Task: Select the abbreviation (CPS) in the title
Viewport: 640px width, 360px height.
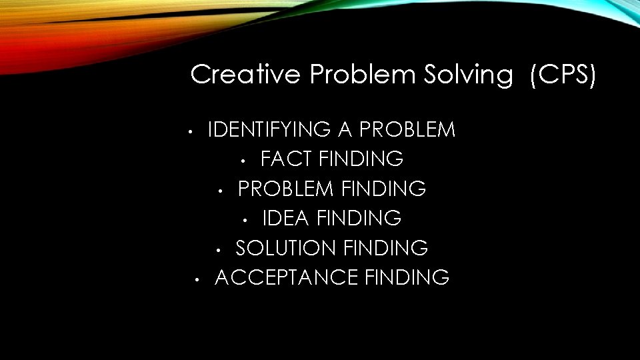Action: pos(563,75)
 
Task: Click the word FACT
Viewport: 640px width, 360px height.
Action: pos(287,159)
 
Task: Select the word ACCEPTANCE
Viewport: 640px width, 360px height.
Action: pos(287,277)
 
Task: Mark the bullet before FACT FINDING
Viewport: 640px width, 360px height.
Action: pos(245,161)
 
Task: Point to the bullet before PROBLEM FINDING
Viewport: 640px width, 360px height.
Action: pos(223,190)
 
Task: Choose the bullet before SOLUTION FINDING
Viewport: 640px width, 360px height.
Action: pos(221,249)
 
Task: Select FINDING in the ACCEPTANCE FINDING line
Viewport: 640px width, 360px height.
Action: pos(407,277)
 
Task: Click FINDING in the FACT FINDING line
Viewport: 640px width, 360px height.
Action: pos(361,159)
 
